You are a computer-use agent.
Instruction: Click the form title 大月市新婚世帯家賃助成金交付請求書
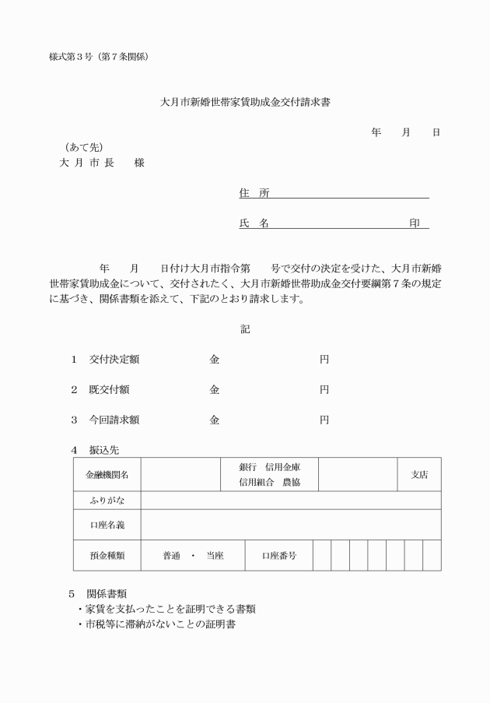[245, 102]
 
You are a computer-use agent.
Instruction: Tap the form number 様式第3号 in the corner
[71, 57]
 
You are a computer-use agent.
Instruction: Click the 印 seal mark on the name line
[415, 223]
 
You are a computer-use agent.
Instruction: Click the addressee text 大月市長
[87, 163]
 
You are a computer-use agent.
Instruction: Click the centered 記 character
[245, 329]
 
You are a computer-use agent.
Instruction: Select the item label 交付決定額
[114, 360]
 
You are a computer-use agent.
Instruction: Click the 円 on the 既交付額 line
[324, 389]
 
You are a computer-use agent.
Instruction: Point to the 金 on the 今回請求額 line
[214, 420]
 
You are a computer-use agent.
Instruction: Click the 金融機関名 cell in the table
[107, 474]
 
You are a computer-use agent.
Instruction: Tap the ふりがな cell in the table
[107, 500]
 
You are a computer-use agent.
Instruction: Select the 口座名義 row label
[107, 525]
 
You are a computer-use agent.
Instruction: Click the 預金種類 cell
[107, 556]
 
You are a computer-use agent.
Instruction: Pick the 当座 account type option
[215, 556]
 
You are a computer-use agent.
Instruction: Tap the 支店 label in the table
[419, 474]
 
